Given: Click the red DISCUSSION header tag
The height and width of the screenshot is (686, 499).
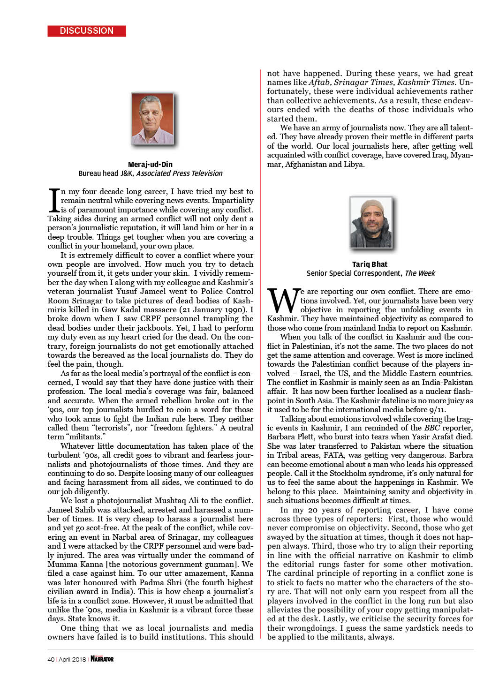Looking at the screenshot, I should click(87, 31).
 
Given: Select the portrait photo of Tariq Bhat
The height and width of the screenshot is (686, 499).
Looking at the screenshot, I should click(370, 222).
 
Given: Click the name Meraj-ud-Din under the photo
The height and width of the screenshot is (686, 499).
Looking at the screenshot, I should click(150, 164).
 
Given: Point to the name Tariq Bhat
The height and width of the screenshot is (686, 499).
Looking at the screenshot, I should click(370, 264).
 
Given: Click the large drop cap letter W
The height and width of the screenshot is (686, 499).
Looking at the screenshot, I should click(283, 300).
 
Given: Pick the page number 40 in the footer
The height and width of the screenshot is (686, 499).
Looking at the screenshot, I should click(51, 659).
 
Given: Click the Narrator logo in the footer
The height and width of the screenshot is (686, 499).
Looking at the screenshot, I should click(102, 659).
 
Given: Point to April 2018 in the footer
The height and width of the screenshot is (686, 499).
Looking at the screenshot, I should click(72, 659).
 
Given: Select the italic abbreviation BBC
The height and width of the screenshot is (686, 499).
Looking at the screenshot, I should click(432, 428).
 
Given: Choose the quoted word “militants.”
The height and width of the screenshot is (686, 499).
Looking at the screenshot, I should click(87, 437).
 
